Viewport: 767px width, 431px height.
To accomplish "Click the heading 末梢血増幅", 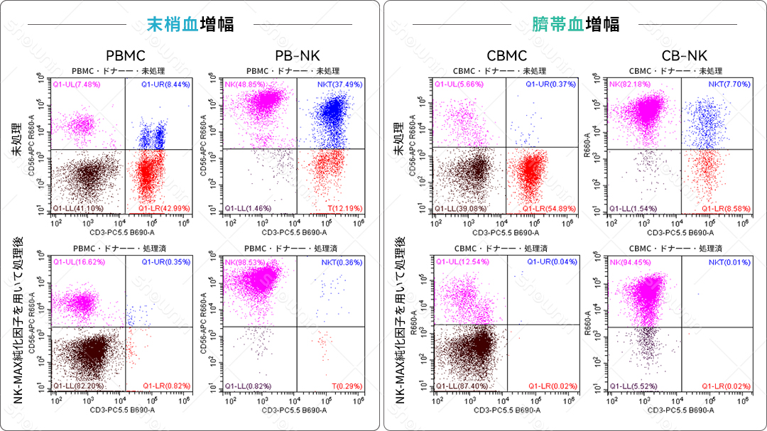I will [190, 25].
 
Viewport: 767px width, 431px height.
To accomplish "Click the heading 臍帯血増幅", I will [576, 25].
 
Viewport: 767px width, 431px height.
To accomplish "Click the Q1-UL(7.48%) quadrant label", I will [77, 84].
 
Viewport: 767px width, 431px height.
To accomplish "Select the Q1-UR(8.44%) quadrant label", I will [168, 84].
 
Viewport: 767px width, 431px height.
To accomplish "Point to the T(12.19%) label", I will [347, 208].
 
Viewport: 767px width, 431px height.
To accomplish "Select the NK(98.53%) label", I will [246, 263].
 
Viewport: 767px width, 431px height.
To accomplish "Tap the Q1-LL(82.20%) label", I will [79, 386].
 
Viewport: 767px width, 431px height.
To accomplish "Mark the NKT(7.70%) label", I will [727, 84].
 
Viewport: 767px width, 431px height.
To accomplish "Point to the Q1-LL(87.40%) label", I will [461, 386].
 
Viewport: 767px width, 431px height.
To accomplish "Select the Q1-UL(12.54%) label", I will [462, 263].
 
